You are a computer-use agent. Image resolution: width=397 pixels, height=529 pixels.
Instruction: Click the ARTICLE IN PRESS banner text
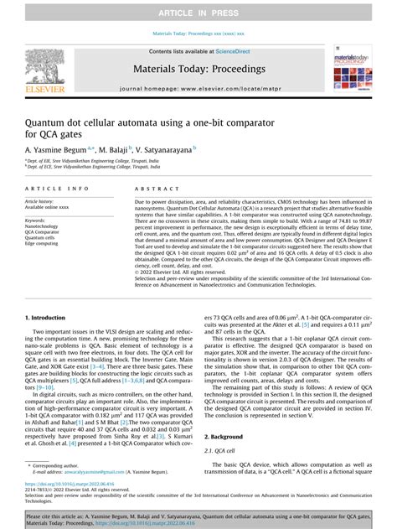tap(198, 10)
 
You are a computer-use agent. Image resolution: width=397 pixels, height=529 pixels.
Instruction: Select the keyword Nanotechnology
tap(43, 226)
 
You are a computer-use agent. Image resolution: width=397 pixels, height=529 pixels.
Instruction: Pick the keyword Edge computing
tap(42, 244)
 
